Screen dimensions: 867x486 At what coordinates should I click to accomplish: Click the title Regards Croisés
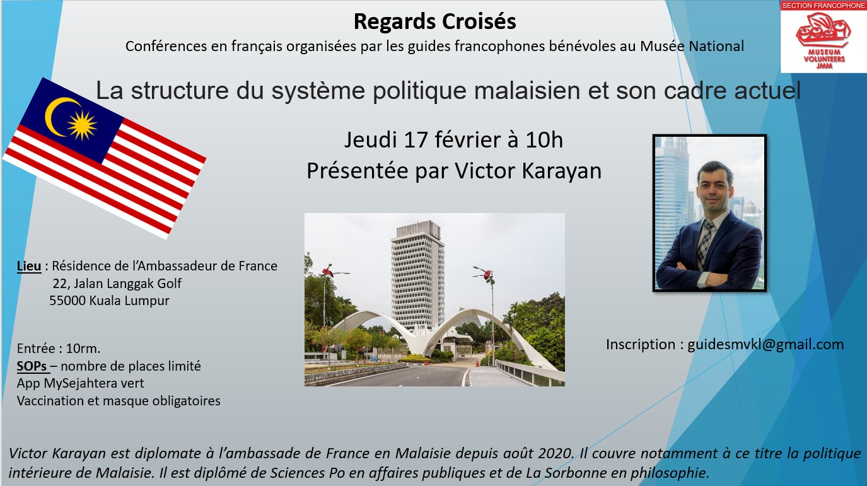tap(434, 21)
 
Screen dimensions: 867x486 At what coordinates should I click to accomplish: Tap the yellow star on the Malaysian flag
tap(82, 125)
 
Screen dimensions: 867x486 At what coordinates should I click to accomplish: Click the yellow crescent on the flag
tap(58, 116)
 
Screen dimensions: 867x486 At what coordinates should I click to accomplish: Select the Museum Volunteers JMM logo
tap(823, 40)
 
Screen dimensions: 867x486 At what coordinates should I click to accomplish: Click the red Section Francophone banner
tap(823, 6)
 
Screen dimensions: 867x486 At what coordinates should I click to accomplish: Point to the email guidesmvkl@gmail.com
tap(765, 344)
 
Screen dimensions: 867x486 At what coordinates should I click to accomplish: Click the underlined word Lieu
tap(29, 266)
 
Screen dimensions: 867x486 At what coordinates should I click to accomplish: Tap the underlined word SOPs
tap(32, 366)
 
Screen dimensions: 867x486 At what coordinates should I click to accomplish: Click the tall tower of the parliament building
tap(417, 275)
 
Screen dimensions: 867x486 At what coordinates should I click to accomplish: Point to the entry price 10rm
tap(83, 349)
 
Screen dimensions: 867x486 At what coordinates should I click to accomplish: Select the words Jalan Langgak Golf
tap(128, 284)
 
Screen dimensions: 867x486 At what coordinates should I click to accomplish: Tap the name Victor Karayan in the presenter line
tap(528, 171)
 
